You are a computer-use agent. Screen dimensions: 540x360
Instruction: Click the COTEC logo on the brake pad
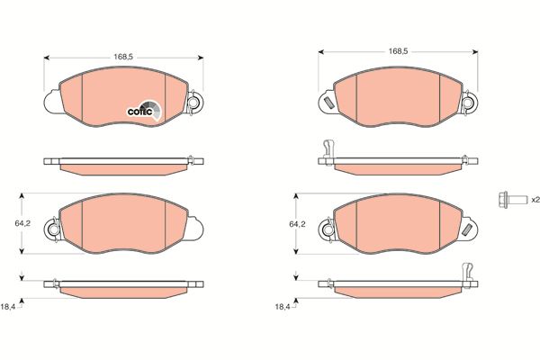click(x=144, y=111)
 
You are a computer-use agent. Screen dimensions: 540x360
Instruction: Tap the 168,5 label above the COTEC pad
click(x=123, y=58)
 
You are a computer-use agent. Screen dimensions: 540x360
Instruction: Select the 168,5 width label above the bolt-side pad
click(x=398, y=51)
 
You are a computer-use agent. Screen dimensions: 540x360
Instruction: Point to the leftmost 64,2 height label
click(x=22, y=223)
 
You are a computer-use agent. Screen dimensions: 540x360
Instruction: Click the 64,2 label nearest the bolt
click(x=297, y=224)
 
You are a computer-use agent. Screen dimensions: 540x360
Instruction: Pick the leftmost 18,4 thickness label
click(x=8, y=307)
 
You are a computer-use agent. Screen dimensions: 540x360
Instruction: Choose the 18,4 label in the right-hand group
click(x=283, y=307)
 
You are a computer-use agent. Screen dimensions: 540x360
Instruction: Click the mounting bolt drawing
click(x=512, y=200)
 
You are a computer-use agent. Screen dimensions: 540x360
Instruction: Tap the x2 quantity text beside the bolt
click(x=535, y=200)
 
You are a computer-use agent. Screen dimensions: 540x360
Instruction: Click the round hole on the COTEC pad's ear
click(x=193, y=103)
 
